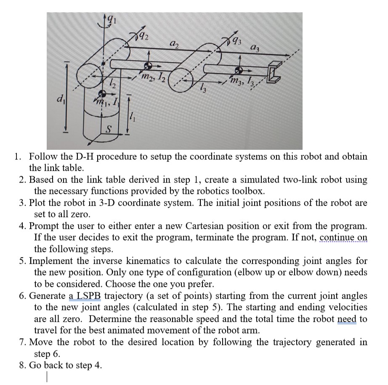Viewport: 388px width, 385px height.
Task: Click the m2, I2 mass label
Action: (x=152, y=76)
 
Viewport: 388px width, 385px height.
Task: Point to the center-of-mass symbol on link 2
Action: (x=148, y=66)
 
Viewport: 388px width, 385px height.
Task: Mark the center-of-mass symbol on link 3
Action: (x=239, y=69)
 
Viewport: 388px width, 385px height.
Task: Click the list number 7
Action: (x=24, y=342)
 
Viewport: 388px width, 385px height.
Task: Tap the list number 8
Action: (x=24, y=365)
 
